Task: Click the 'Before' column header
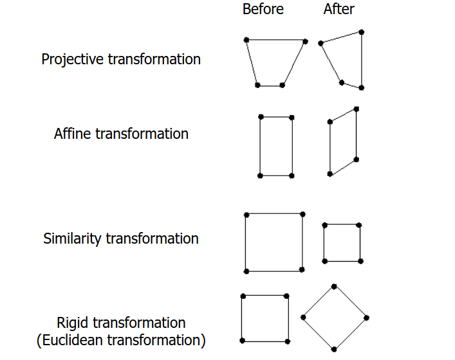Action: (x=263, y=9)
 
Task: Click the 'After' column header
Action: (x=339, y=9)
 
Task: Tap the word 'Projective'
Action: (x=73, y=59)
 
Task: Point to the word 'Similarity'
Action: (x=72, y=239)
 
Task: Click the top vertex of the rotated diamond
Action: (x=334, y=286)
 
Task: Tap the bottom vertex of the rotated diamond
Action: (x=334, y=349)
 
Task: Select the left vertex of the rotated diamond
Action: (x=303, y=317)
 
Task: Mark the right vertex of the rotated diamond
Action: (x=366, y=317)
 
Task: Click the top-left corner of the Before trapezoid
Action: (x=246, y=40)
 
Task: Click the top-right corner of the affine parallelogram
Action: (x=357, y=109)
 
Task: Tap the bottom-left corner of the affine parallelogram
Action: (x=330, y=174)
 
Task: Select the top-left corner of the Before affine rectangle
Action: (x=261, y=116)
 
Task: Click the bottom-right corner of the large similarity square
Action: (x=302, y=271)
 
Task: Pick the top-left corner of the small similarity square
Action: (x=324, y=225)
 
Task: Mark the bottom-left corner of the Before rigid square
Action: (x=242, y=340)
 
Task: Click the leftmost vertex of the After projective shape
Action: (x=320, y=43)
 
